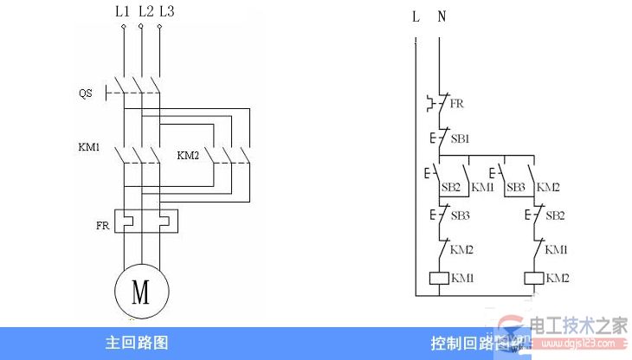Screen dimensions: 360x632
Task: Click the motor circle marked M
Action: (x=141, y=291)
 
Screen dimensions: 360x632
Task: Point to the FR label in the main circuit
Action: (x=103, y=224)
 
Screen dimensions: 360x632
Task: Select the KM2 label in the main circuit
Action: (x=189, y=156)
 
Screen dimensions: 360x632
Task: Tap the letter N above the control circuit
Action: (x=442, y=16)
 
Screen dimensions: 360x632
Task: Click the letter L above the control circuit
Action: (x=416, y=16)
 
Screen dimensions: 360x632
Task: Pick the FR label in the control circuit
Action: (x=457, y=103)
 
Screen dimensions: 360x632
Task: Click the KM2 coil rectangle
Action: (x=533, y=279)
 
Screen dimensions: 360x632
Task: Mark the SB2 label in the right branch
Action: (x=555, y=214)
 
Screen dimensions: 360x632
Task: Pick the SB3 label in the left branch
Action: (x=460, y=214)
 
